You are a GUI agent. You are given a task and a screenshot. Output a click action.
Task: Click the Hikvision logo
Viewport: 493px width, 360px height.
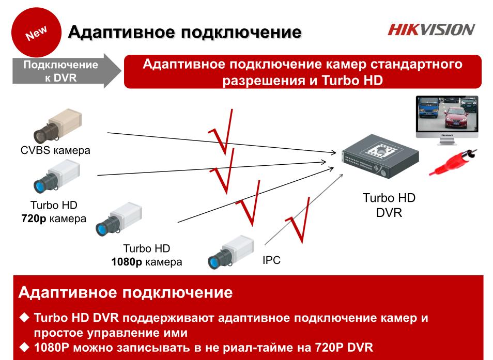tap(431, 29)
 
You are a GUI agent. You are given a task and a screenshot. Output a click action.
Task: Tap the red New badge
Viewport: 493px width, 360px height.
tap(36, 33)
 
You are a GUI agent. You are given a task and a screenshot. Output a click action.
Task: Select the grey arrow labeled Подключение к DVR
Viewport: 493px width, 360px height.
tap(67, 71)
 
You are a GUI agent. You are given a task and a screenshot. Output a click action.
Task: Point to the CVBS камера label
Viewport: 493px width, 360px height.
tap(55, 150)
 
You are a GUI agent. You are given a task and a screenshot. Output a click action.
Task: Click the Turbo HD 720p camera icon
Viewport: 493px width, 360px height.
tap(57, 176)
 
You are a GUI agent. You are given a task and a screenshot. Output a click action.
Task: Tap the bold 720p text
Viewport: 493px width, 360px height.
tap(34, 218)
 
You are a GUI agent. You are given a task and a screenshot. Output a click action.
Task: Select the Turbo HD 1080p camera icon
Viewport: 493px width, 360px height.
tap(119, 219)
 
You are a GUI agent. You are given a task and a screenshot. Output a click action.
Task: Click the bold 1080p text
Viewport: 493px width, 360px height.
tap(127, 262)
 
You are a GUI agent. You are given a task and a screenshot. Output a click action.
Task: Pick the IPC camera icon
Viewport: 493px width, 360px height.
tap(231, 252)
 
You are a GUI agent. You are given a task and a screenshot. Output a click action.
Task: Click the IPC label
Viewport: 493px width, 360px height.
tap(271, 260)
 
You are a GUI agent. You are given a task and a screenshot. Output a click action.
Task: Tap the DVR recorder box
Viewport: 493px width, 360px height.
tap(380, 156)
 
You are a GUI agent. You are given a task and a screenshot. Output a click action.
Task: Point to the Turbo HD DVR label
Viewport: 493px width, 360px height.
tap(389, 205)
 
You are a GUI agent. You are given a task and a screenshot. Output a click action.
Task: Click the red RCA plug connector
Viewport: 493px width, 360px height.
tap(453, 162)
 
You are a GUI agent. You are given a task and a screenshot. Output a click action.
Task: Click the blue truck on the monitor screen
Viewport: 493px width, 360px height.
tap(428, 108)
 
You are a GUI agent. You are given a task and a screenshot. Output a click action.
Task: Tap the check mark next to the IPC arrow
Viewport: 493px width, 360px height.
tap(298, 220)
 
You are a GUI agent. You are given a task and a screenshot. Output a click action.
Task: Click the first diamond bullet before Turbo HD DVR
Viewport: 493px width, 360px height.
tap(24, 318)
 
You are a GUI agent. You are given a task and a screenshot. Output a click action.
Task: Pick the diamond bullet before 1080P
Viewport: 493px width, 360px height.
tap(24, 347)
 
